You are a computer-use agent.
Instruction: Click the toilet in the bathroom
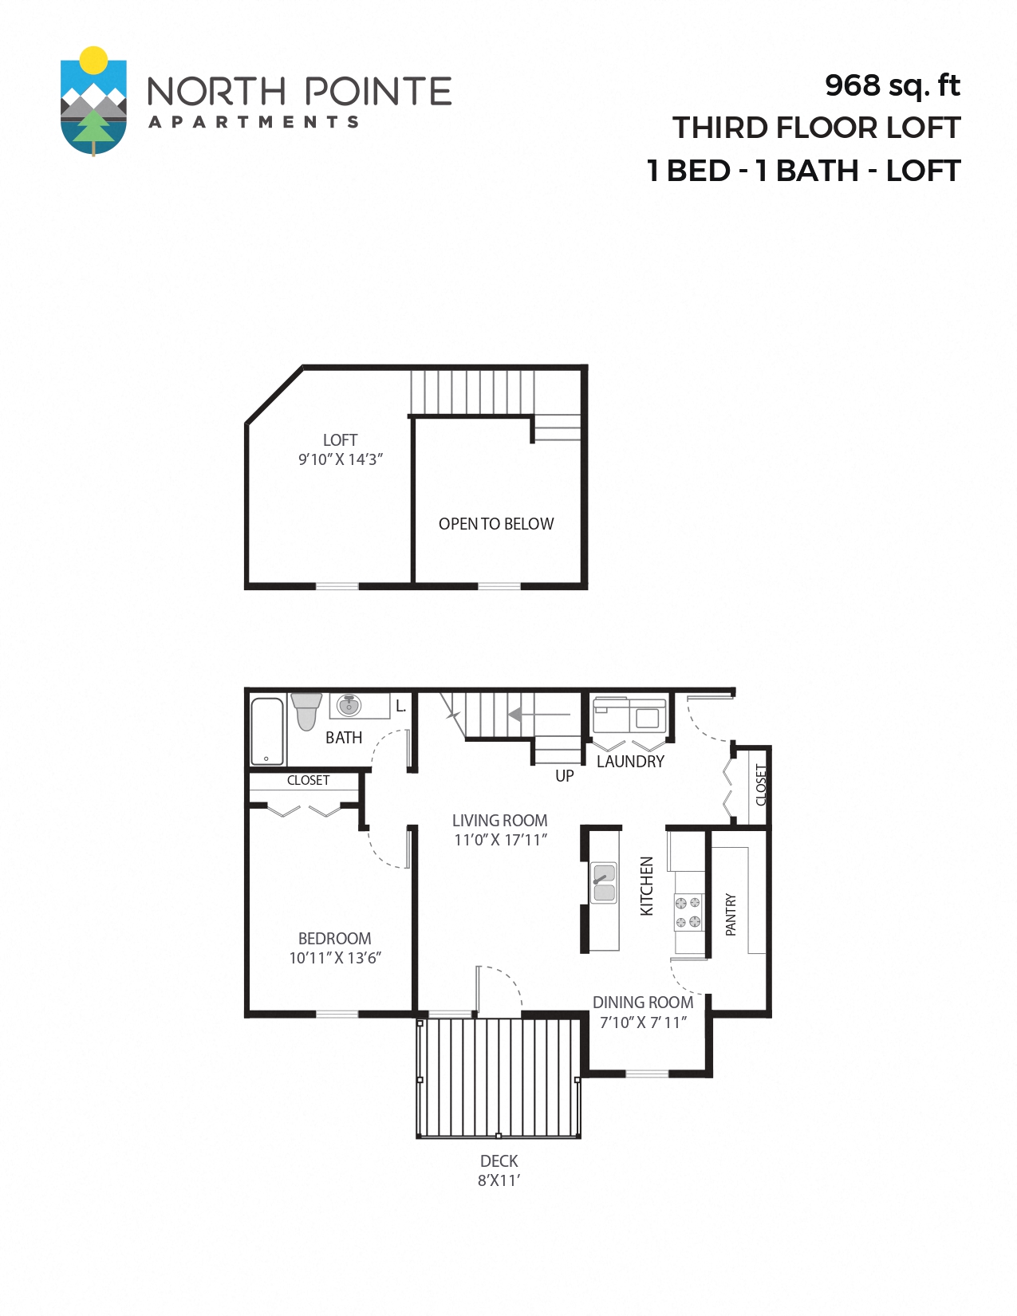point(305,711)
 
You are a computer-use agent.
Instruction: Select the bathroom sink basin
point(349,706)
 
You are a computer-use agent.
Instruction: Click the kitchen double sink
point(604,883)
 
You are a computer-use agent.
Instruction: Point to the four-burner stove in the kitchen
point(688,912)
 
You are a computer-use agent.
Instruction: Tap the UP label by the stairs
point(565,776)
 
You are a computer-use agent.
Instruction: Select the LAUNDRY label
point(630,762)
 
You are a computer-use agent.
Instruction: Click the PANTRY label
point(731,914)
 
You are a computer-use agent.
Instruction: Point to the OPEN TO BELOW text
point(496,524)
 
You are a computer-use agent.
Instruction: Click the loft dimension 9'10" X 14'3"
point(341,459)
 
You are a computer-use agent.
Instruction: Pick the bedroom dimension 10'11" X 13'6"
point(335,958)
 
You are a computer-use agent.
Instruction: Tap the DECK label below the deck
point(499,1161)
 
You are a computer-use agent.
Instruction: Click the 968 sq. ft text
point(892,85)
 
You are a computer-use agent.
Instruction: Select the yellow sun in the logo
point(94,59)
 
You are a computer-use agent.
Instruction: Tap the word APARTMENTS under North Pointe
point(254,122)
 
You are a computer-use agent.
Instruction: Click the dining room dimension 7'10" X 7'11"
point(643,1022)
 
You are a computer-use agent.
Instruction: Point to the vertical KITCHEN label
point(647,885)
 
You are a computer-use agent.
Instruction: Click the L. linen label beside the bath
point(401,707)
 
